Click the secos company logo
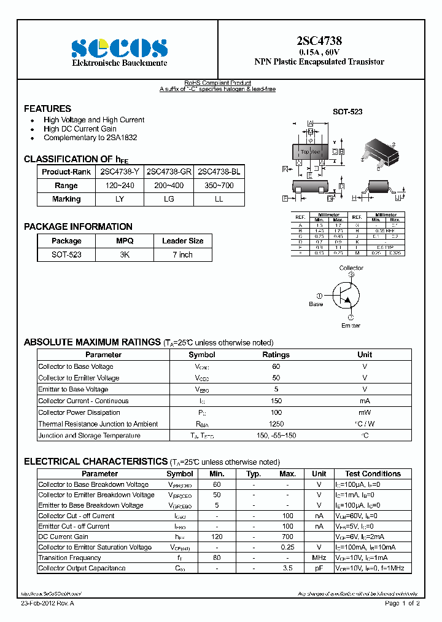[119, 48]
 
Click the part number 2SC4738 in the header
[319, 41]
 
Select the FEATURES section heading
[47, 108]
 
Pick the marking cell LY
[120, 199]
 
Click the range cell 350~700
[219, 185]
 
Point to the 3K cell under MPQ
[125, 254]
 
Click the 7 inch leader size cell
[182, 254]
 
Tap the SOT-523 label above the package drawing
[347, 112]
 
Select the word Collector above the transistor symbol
[351, 268]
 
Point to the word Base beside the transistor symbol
[316, 304]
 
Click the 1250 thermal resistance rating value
[276, 424]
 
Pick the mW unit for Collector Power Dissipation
[365, 412]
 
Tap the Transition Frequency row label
[69, 557]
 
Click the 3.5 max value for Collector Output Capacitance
[287, 568]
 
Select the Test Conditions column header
[373, 474]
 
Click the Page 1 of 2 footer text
[402, 604]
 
